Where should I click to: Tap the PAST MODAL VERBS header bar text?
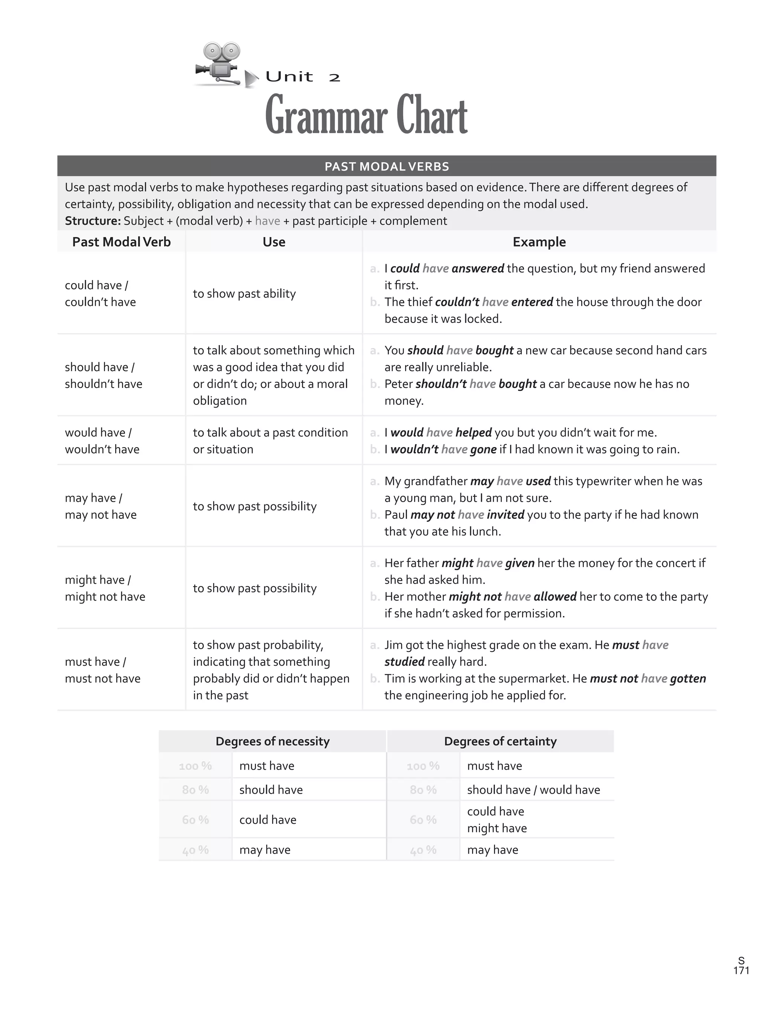(x=386, y=167)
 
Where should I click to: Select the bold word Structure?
(x=93, y=221)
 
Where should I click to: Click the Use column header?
(x=274, y=242)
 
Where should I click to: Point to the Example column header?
(x=539, y=242)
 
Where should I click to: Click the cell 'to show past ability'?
(x=244, y=294)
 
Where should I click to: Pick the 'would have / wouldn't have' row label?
(x=102, y=441)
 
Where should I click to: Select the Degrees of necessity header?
(x=273, y=741)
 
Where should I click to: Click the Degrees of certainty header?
(x=500, y=741)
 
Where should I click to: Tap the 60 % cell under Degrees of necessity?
(x=195, y=820)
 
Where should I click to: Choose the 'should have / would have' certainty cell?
(x=533, y=790)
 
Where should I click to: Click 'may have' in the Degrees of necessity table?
(x=265, y=850)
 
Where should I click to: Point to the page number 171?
(x=741, y=970)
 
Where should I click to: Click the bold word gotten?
(x=688, y=678)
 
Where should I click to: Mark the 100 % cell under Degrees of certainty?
(x=423, y=765)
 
